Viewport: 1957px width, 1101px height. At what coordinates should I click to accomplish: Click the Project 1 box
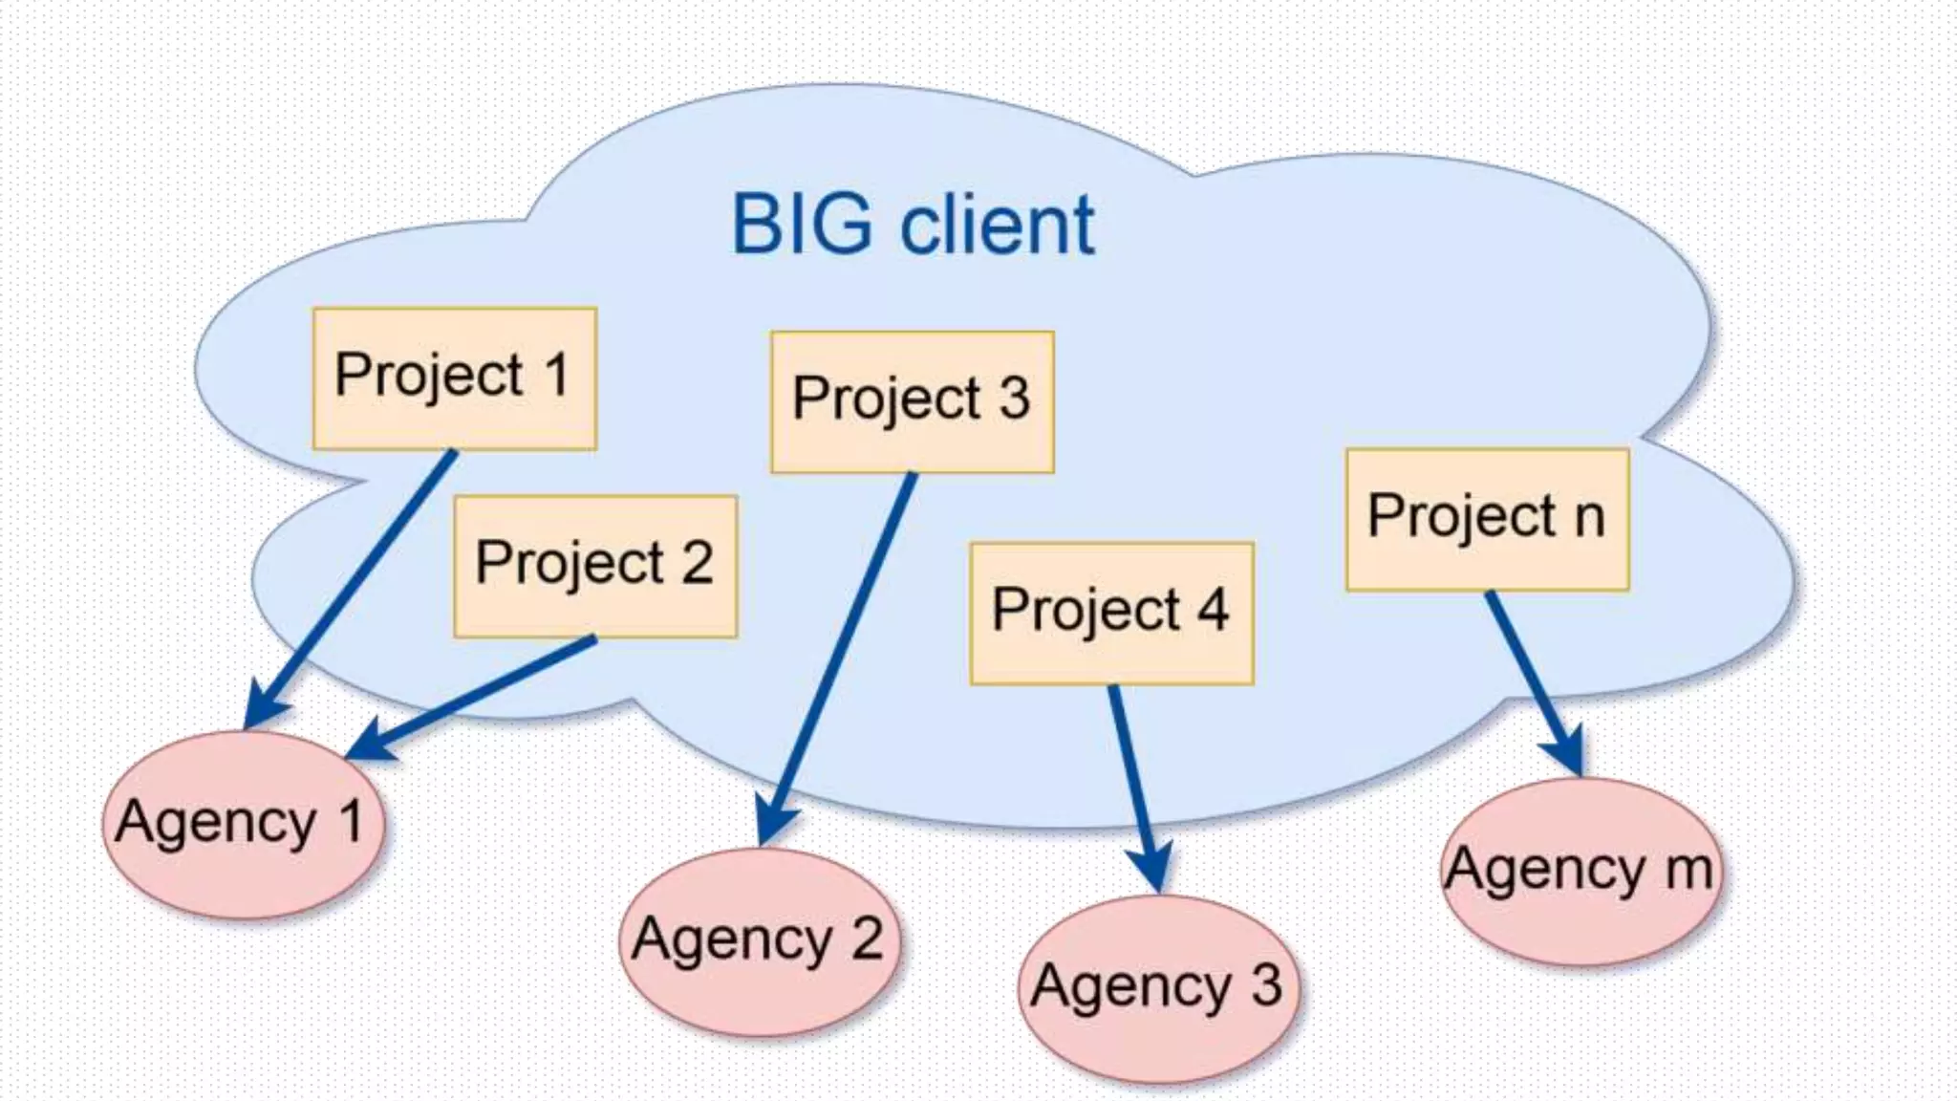point(455,378)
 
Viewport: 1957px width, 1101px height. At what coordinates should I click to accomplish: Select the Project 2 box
point(595,566)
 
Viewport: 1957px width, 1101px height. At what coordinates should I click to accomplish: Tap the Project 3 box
point(913,401)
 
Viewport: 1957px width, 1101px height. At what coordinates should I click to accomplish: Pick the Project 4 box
point(1111,613)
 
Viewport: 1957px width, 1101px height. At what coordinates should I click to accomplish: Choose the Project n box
point(1487,519)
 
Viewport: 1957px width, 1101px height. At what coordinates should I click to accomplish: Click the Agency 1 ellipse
point(244,824)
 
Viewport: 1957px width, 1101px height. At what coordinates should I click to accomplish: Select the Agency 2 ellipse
point(760,941)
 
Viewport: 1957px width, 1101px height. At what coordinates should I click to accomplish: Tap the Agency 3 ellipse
point(1158,988)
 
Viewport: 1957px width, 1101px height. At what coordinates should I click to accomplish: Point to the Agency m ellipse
point(1581,872)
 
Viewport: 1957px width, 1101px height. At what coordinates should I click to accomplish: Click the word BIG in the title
point(802,226)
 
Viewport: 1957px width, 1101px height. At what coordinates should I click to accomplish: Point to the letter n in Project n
point(1588,518)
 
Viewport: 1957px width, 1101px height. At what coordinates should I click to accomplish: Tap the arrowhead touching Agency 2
point(776,824)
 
